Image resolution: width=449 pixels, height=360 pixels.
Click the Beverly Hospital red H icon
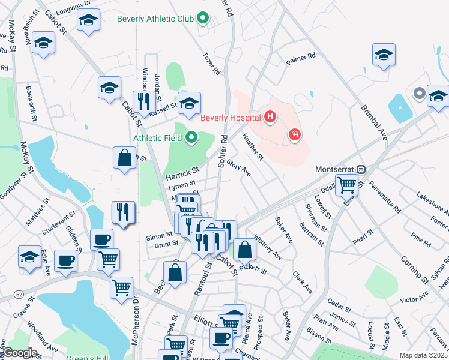tap(270, 116)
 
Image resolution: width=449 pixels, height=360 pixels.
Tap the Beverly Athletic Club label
tap(155, 19)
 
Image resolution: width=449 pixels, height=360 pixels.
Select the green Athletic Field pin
tap(192, 139)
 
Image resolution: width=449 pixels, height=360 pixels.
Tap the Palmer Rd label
tap(301, 58)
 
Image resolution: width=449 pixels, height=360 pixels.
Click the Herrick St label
tap(182, 172)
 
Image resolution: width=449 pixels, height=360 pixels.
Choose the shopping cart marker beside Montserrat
tap(346, 184)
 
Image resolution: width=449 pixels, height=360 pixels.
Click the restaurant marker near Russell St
tap(142, 101)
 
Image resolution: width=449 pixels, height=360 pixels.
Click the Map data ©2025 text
tap(423, 355)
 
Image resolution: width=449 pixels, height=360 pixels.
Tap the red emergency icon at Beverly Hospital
tap(294, 134)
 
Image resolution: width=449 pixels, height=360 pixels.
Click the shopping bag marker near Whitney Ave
tap(244, 249)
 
